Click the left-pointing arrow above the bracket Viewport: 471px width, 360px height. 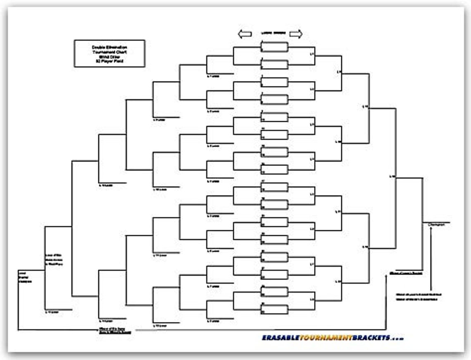[245, 34]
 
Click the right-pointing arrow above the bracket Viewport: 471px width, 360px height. [296, 34]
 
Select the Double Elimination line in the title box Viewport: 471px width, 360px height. [109, 48]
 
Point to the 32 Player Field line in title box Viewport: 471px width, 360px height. [109, 61]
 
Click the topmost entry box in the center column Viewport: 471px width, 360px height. [274, 47]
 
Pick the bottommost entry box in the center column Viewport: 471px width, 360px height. [274, 309]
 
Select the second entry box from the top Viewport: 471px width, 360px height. [274, 64]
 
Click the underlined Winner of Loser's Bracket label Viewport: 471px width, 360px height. [406, 273]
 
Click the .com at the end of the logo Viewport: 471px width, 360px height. [397, 338]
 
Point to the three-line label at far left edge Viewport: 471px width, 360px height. [25, 277]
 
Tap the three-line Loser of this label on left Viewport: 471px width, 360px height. [54, 260]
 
